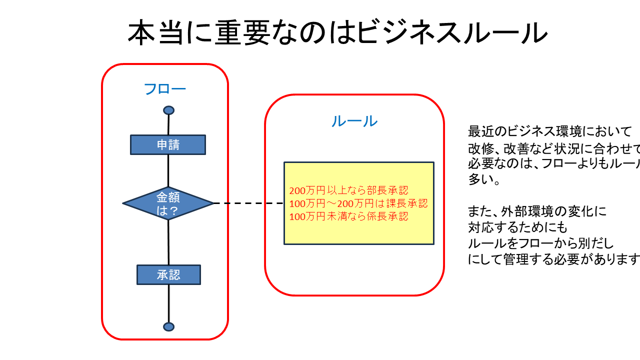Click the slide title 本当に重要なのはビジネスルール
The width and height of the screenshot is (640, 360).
(x=337, y=33)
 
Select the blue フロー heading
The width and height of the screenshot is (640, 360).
(x=164, y=89)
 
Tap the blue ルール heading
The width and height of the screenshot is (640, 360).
(x=354, y=121)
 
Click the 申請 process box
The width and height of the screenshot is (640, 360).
(x=168, y=144)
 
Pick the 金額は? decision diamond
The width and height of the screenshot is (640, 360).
(x=168, y=203)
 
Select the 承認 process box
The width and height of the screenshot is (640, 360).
(x=168, y=274)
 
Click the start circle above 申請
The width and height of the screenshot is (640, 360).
(x=168, y=110)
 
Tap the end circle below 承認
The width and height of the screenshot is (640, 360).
(x=168, y=326)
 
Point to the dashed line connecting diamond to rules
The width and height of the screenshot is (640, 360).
(x=248, y=203)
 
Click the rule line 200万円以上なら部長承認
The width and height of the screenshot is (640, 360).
(x=348, y=190)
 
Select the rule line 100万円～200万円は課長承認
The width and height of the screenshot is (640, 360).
(x=358, y=203)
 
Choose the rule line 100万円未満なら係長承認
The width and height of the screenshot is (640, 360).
(x=348, y=216)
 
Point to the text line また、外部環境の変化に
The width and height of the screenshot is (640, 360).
(x=537, y=211)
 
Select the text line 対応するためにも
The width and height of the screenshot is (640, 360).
(x=517, y=227)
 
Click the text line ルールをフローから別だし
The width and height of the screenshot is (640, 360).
(x=540, y=243)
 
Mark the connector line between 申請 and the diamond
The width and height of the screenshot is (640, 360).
(x=168, y=170)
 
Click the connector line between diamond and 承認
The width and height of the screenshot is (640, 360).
(x=168, y=242)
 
